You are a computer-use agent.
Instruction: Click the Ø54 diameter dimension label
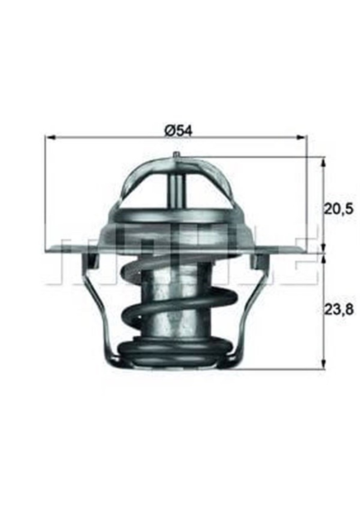(179, 130)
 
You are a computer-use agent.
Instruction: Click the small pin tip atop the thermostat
(176, 155)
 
